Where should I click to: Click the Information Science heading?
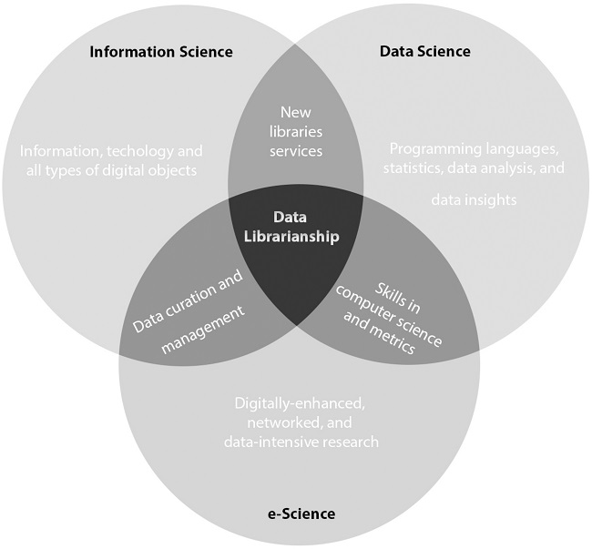160,51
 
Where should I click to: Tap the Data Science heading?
424,51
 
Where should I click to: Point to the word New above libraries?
295,113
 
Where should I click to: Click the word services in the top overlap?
295,150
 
